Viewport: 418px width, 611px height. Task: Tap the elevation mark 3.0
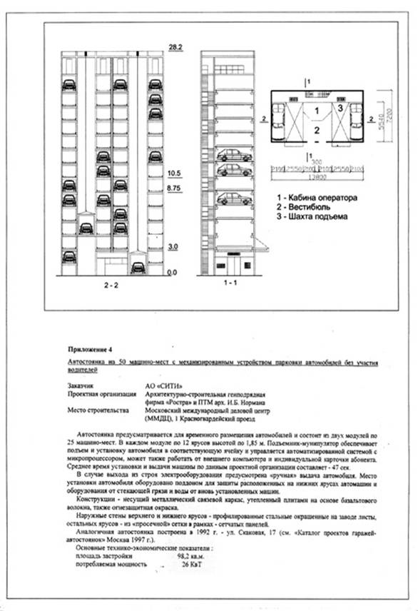point(173,246)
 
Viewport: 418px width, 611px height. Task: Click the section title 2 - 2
point(111,286)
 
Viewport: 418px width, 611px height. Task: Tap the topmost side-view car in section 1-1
point(233,154)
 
